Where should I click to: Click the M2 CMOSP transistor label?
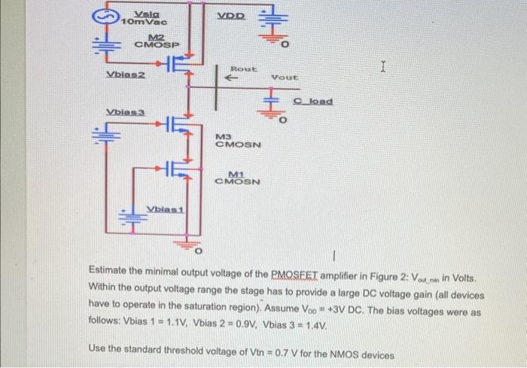(x=157, y=42)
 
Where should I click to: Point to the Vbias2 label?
(x=125, y=74)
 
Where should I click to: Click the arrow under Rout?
(x=233, y=78)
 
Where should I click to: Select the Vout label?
(x=285, y=78)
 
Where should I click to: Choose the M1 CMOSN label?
(x=238, y=177)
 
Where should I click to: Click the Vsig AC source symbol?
(x=105, y=17)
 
